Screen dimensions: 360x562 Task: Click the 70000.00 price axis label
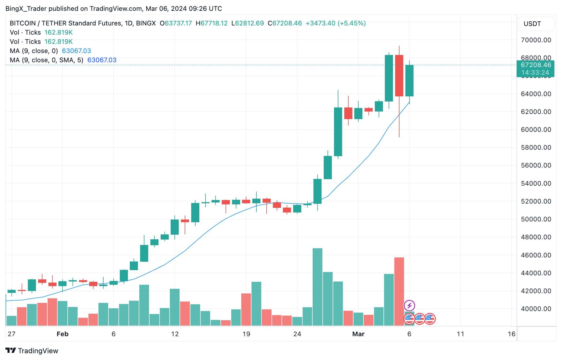(536, 40)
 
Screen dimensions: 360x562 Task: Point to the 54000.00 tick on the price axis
(536, 184)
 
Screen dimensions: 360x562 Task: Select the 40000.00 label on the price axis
(536, 309)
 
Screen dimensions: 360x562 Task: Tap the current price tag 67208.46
(536, 65)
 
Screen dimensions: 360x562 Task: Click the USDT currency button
(532, 24)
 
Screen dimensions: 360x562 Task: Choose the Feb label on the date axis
(62, 334)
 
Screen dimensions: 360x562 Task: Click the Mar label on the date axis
(358, 334)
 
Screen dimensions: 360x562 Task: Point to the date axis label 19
(246, 334)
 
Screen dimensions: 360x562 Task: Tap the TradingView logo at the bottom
(32, 351)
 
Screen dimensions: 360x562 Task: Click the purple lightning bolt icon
(409, 306)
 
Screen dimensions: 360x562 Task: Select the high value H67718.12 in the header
(212, 23)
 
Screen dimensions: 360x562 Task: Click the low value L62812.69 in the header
(248, 23)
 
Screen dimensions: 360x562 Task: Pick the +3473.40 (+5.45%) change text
(336, 23)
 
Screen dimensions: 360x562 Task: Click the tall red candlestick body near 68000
(399, 76)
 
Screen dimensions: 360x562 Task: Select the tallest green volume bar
(317, 287)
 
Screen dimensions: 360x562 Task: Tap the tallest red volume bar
(399, 291)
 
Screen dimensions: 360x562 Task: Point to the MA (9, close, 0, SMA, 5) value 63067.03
(102, 60)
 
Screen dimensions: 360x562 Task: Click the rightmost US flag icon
(430, 319)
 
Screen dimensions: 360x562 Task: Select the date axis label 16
(511, 334)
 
